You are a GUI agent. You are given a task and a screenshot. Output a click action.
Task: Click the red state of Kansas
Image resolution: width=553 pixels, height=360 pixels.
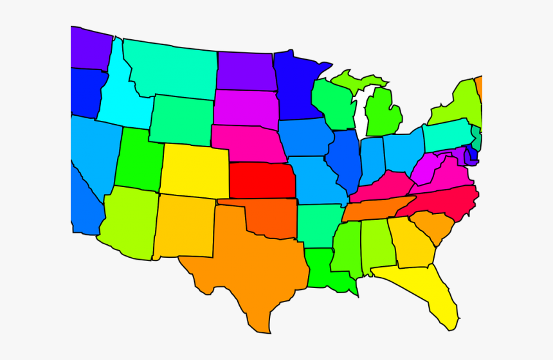262,181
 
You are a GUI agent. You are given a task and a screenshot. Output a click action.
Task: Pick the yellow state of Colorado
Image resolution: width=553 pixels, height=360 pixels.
194,170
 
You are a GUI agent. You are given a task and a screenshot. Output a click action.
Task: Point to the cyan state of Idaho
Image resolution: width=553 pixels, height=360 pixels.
119,100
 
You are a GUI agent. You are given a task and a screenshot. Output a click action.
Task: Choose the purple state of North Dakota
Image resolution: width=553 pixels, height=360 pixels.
246,71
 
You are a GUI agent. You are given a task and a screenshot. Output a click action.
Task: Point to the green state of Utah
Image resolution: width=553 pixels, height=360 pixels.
138,159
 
